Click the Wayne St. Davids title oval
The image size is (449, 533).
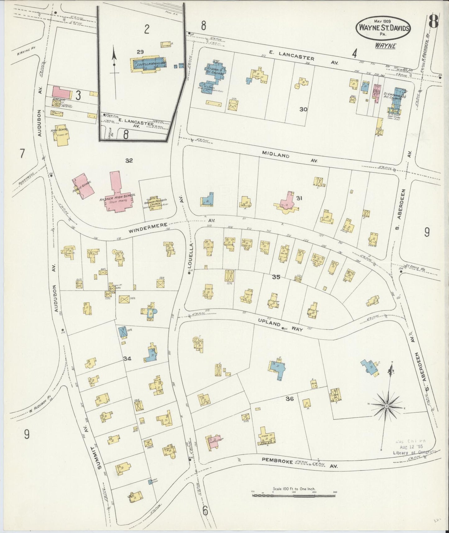click(x=384, y=28)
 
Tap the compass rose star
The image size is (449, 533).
click(x=387, y=406)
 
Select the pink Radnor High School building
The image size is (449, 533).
click(x=117, y=195)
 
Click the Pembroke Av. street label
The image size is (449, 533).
click(x=298, y=463)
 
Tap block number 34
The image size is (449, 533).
click(x=127, y=359)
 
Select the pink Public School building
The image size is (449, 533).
click(x=83, y=188)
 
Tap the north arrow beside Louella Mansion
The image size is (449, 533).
click(x=114, y=65)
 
